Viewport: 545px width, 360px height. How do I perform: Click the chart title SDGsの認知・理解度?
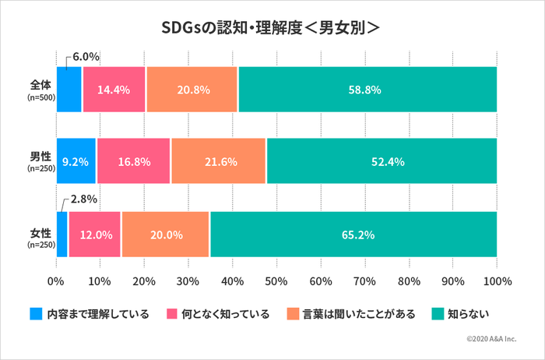[x=271, y=26]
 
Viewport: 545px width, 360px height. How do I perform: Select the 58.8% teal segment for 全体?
[x=367, y=90]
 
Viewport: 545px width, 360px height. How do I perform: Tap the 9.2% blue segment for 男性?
[x=76, y=161]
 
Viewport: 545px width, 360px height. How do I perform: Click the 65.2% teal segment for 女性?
[x=353, y=234]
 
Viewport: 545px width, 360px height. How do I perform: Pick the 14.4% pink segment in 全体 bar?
[x=114, y=90]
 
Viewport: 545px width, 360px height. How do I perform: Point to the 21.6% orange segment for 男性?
[x=218, y=161]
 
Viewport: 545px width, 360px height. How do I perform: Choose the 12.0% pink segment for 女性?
[x=94, y=234]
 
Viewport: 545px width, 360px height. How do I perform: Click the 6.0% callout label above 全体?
[x=86, y=57]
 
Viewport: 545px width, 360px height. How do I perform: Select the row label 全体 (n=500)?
[x=39, y=90]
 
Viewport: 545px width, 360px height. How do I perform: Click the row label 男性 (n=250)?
[x=39, y=161]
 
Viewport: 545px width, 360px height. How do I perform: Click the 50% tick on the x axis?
[x=276, y=281]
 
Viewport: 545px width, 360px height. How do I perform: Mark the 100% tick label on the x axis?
[x=497, y=281]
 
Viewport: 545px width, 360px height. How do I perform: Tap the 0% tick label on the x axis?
[x=56, y=281]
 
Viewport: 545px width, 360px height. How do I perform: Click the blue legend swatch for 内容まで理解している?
[x=36, y=314]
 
